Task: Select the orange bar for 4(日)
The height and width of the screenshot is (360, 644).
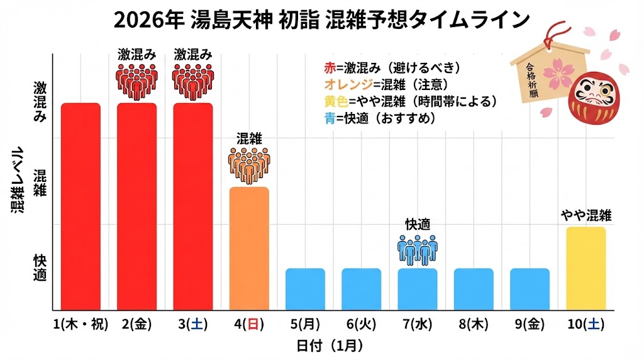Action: (249, 248)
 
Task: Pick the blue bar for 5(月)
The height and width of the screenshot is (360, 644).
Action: (305, 289)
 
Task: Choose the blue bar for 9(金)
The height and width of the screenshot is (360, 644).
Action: (530, 289)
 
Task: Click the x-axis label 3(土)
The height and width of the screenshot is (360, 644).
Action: (192, 324)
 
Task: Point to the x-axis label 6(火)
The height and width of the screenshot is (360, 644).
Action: (361, 324)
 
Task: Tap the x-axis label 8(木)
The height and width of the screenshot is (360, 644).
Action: (473, 324)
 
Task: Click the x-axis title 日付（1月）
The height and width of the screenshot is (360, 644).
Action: (329, 346)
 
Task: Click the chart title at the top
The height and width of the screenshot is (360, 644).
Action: (321, 20)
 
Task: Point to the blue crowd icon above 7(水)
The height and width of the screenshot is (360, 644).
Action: (417, 249)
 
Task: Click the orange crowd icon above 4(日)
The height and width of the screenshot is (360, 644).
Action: (249, 165)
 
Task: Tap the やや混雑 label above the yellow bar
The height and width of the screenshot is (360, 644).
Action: (586, 216)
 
